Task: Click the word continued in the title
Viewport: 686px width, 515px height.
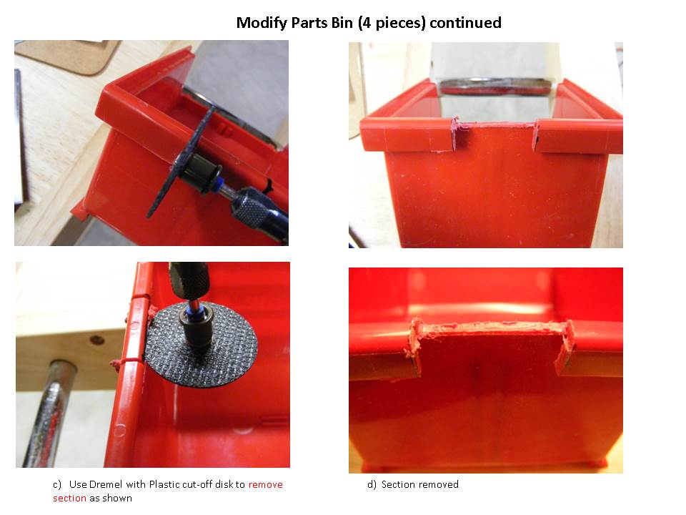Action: pyautogui.click(x=465, y=23)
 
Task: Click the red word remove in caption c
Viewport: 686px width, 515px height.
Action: pyautogui.click(x=266, y=484)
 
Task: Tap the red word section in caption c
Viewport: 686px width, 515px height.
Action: pyautogui.click(x=69, y=498)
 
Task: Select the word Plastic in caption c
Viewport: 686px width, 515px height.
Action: pyautogui.click(x=165, y=484)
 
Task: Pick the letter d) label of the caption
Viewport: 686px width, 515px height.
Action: pyautogui.click(x=372, y=484)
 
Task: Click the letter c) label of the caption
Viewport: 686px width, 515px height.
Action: pyautogui.click(x=57, y=485)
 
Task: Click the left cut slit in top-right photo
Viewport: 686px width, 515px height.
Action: pyautogui.click(x=456, y=133)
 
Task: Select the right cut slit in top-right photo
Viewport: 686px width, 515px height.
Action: pyautogui.click(x=535, y=136)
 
